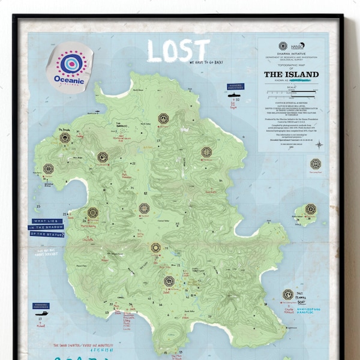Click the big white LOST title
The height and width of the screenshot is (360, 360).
[178, 52]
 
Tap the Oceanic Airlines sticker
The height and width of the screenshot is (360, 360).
[70, 67]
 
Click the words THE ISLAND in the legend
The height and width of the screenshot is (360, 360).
[291, 74]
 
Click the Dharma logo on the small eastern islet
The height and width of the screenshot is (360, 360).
[310, 209]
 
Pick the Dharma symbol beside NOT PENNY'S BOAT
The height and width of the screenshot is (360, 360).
[288, 295]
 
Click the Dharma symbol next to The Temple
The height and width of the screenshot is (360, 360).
[65, 137]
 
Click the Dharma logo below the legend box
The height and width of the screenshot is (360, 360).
[315, 164]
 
